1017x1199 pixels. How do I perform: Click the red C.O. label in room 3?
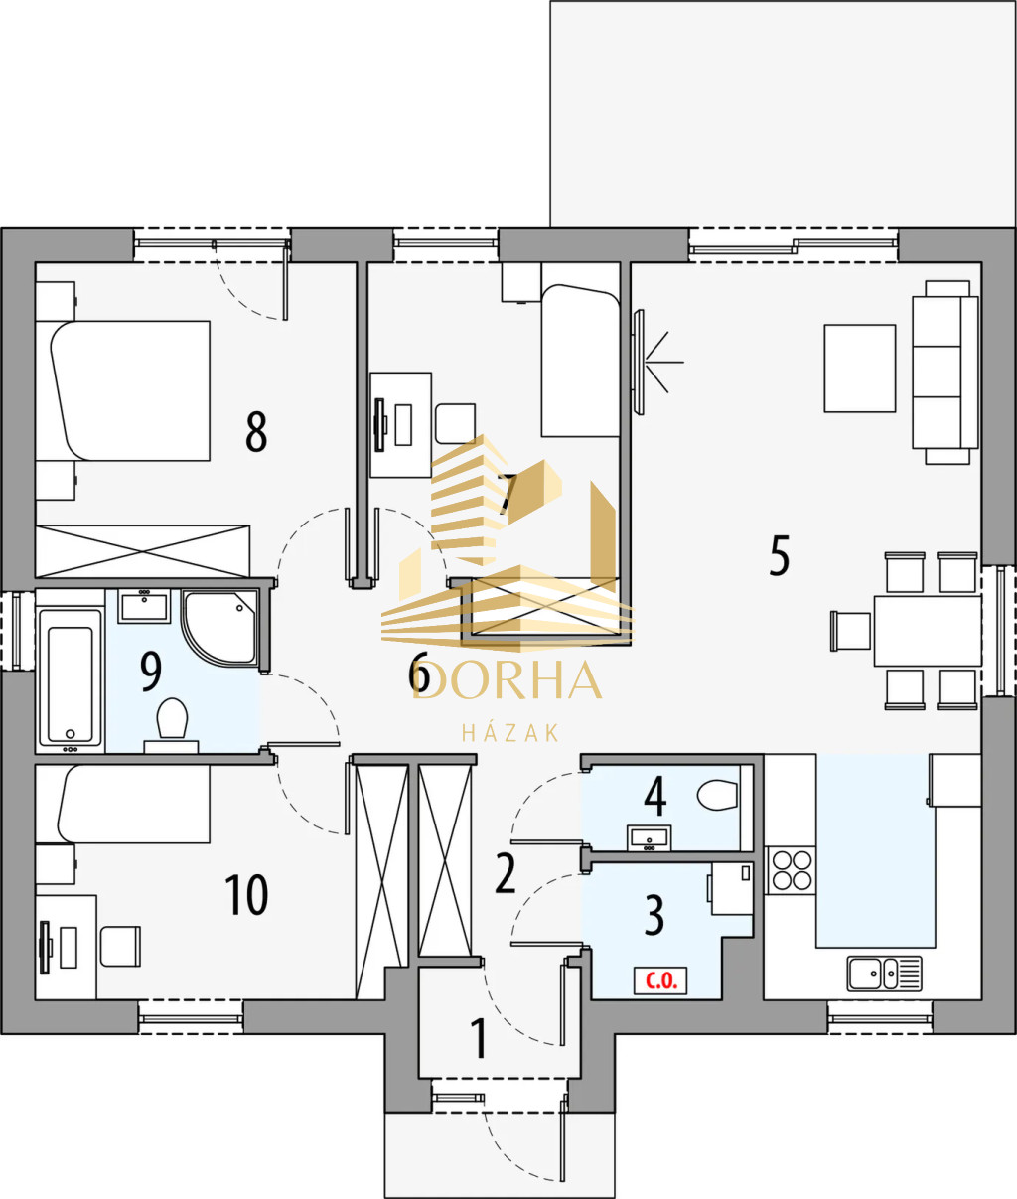[660, 980]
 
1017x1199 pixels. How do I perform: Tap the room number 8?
[256, 431]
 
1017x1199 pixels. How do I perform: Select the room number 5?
[780, 555]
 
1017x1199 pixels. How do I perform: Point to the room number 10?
[246, 895]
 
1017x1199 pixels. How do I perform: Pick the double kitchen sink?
[884, 974]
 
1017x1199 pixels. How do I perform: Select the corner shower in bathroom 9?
[219, 628]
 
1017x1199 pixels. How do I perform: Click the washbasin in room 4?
[649, 838]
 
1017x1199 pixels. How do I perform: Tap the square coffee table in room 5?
[860, 369]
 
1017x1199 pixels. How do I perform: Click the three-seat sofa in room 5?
[945, 373]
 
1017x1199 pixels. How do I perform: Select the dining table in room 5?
[928, 631]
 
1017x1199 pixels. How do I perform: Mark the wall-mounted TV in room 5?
[639, 362]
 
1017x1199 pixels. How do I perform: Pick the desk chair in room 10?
[120, 946]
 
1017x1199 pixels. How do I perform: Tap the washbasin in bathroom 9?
[144, 606]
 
